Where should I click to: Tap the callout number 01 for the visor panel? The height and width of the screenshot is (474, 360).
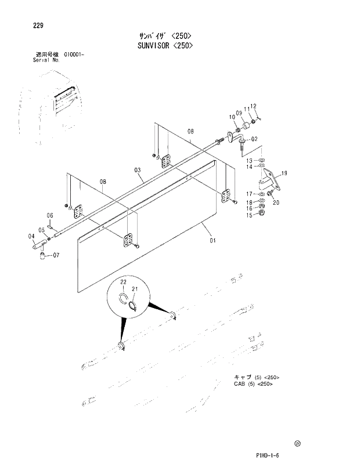pyautogui.click(x=213, y=240)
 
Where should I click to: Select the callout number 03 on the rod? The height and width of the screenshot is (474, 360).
pyautogui.click(x=138, y=170)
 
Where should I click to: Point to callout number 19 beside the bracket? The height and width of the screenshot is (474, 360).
pyautogui.click(x=285, y=173)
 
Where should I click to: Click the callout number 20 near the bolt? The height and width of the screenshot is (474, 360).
pyautogui.click(x=276, y=202)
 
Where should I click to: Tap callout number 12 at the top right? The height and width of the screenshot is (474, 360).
pyautogui.click(x=254, y=106)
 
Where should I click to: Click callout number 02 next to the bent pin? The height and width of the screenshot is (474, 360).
pyautogui.click(x=254, y=139)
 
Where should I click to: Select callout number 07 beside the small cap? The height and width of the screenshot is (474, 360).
pyautogui.click(x=56, y=255)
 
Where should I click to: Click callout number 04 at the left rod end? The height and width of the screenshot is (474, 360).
pyautogui.click(x=31, y=236)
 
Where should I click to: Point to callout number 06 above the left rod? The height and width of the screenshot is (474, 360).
pyautogui.click(x=50, y=215)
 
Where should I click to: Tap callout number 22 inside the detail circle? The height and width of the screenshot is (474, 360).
pyautogui.click(x=123, y=282)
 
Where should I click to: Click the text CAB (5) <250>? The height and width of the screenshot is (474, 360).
pyautogui.click(x=254, y=383)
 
